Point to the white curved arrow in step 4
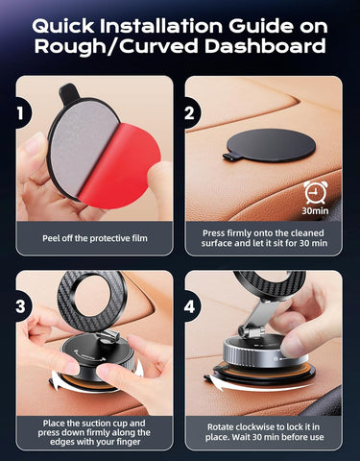click(x=230, y=389)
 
